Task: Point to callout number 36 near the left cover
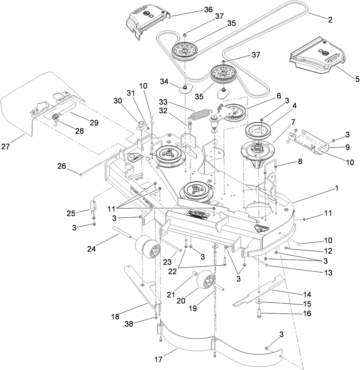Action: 208,10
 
